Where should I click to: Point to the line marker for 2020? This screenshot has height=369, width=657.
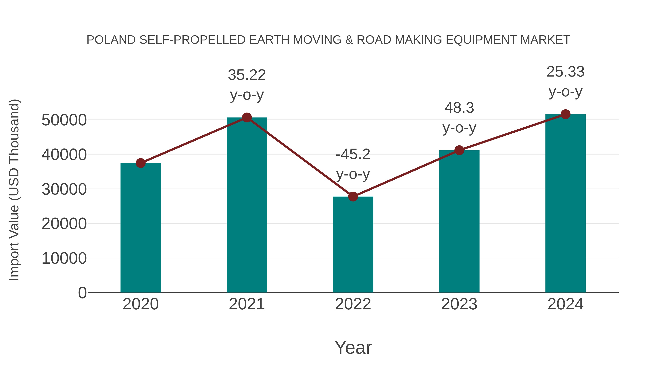coord(141,163)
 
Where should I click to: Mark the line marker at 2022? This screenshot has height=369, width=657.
coord(353,197)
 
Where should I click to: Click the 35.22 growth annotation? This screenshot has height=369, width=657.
coord(247,75)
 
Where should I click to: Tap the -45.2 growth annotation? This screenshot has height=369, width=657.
coord(353,154)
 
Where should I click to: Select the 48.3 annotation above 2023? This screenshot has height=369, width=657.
coord(459,108)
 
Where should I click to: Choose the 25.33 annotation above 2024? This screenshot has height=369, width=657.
coord(565,72)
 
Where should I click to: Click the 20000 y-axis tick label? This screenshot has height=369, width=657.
coord(64,224)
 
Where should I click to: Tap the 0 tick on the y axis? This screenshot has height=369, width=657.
coord(82,293)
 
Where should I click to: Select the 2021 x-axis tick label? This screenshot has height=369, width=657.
coord(247,304)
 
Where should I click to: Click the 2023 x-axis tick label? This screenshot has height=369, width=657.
coord(459,304)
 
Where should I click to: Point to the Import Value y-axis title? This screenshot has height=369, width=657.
coord(14,190)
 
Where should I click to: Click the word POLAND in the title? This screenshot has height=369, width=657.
coord(111,40)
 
